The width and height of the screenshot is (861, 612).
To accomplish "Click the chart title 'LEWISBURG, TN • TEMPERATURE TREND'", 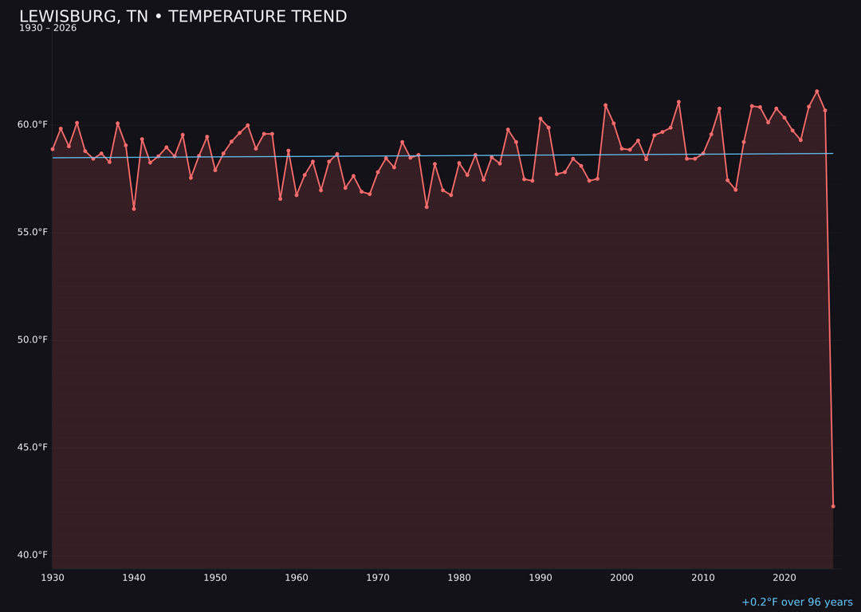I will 183,17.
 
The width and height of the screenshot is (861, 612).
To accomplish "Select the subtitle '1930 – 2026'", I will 48,29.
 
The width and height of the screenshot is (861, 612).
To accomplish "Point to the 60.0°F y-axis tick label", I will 33,124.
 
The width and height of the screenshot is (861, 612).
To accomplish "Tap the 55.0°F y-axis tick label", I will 33,232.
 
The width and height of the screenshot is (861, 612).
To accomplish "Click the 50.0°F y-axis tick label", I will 33,339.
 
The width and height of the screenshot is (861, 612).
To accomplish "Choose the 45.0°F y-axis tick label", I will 33,447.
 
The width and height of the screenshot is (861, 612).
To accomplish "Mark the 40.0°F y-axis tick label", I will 33,555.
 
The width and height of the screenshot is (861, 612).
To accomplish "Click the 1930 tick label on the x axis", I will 53,578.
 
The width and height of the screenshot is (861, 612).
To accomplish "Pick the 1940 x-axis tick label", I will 134,578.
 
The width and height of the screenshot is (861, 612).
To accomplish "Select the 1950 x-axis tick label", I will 215,578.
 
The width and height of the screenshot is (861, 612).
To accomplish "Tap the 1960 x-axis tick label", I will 297,578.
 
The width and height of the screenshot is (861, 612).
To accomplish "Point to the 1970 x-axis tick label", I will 378,578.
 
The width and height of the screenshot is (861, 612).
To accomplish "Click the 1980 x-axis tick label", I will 459,578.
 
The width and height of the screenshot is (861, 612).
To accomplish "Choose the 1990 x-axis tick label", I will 541,578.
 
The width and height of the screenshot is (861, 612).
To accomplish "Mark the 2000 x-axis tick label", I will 622,578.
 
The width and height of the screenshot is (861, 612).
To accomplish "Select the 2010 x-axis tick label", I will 703,578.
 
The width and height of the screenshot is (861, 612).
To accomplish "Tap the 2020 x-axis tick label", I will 784,578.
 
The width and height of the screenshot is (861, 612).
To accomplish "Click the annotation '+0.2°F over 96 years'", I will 796,602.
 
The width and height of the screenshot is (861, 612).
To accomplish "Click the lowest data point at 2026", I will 833,506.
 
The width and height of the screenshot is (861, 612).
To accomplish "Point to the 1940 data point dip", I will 134,209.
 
